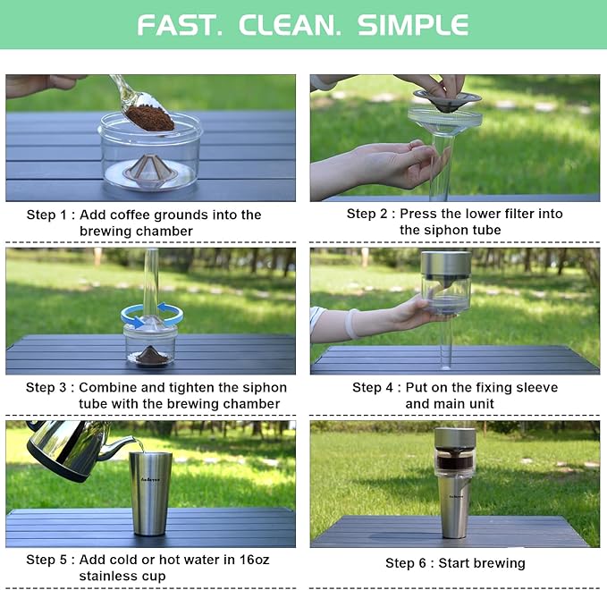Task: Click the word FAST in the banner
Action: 180,26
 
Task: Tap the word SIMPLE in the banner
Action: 413,26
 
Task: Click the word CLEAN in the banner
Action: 290,26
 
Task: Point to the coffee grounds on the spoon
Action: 150,117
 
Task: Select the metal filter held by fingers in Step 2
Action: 447,100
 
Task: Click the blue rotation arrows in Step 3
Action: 152,315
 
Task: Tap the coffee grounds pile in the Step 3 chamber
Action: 151,355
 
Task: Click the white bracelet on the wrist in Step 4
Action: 352,324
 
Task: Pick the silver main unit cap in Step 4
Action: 446,265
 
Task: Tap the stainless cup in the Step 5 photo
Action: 150,493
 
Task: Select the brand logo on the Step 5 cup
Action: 150,480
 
